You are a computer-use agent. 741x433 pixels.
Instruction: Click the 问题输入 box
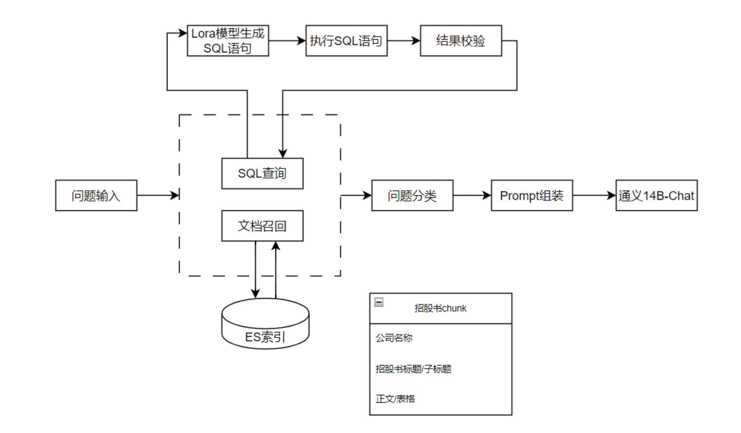point(96,195)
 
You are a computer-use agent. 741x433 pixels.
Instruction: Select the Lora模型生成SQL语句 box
point(228,41)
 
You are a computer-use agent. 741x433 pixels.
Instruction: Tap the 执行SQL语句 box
point(346,41)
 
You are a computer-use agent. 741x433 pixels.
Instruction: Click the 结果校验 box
point(461,41)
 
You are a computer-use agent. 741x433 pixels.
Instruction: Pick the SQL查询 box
point(262,173)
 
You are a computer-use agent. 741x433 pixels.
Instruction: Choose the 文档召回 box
point(262,226)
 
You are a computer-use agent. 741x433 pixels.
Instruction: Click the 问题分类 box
point(412,195)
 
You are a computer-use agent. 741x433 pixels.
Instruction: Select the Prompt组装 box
point(531,195)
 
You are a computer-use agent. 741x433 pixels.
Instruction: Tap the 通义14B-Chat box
point(656,195)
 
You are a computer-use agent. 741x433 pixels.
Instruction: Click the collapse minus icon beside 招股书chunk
point(379,302)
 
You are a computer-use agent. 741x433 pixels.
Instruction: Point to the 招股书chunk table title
point(440,308)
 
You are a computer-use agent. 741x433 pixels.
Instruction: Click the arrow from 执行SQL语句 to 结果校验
point(404,41)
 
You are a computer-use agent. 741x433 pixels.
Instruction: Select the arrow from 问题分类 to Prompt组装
point(472,195)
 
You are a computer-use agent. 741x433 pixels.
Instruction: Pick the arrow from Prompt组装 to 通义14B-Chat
point(594,195)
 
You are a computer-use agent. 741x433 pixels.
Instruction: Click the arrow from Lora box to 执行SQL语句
point(287,41)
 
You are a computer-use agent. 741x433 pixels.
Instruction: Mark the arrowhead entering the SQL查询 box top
point(283,154)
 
